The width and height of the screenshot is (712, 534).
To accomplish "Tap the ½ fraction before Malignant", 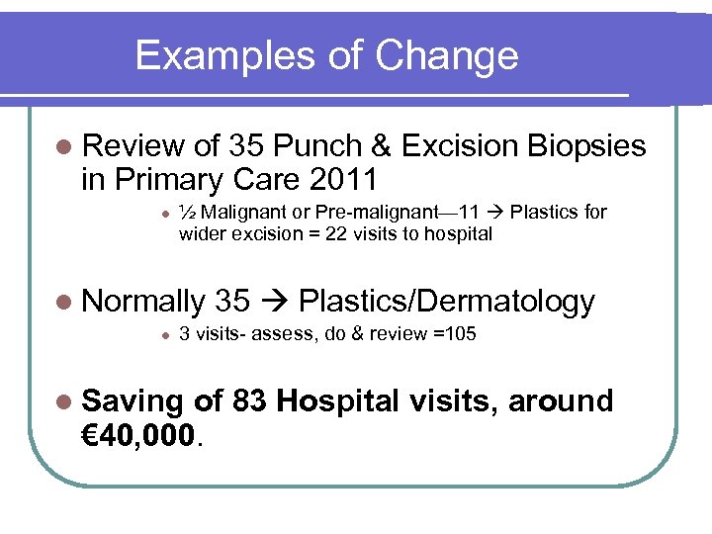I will click(188, 212).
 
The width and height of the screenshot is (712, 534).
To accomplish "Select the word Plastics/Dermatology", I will click(446, 302).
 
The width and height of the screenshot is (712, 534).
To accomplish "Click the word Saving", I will click(133, 401).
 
